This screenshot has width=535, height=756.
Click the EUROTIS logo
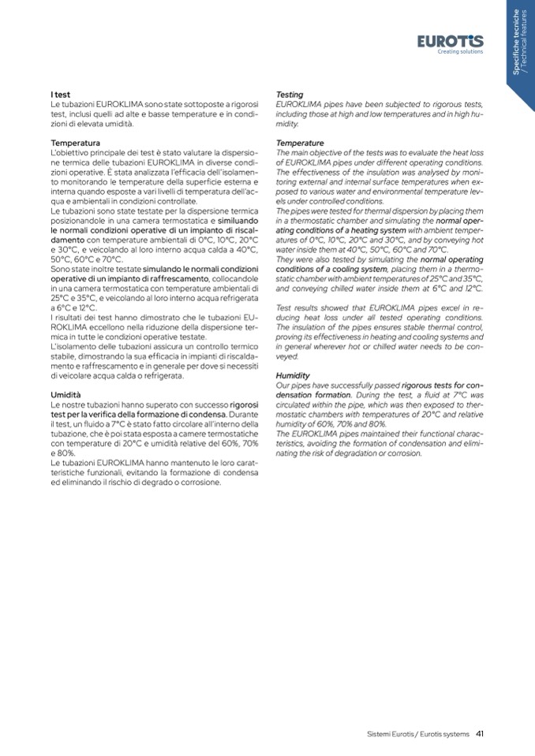(451, 40)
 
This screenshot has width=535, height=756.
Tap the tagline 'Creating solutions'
(460, 52)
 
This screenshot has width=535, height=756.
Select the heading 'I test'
(60, 95)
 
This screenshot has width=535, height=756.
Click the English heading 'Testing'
(290, 95)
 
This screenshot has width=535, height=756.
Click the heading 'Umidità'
(66, 393)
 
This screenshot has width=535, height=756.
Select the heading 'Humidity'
(293, 375)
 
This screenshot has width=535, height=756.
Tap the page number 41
(479, 733)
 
